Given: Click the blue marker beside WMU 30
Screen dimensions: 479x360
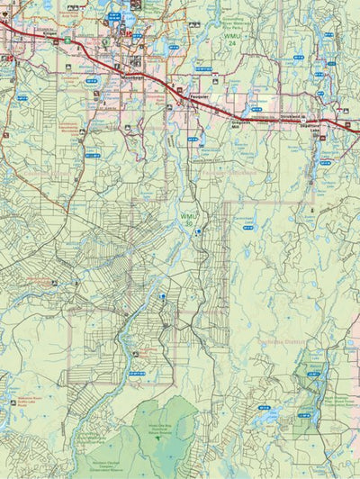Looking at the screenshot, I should (197, 231).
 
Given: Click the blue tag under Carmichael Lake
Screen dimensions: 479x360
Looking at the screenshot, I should (247, 229).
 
